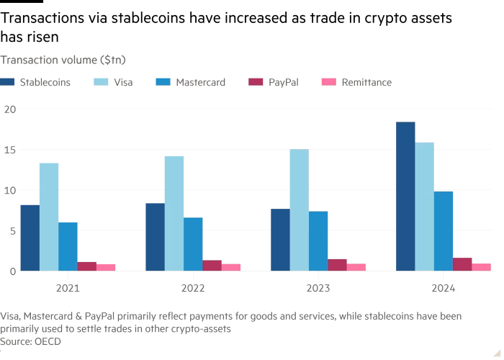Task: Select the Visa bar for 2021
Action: coord(49,217)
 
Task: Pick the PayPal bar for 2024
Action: coord(463,264)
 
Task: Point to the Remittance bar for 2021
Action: coord(106,267)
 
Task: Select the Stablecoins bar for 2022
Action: coord(155,237)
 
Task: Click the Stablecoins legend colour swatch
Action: coord(7,83)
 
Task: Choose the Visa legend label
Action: coord(123,83)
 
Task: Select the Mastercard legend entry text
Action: coord(200,83)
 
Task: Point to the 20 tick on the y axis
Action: coord(9,109)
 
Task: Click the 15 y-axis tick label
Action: coord(9,150)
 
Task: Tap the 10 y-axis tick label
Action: coord(9,190)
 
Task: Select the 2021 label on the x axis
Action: coord(68,287)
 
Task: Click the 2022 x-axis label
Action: coord(193,287)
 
